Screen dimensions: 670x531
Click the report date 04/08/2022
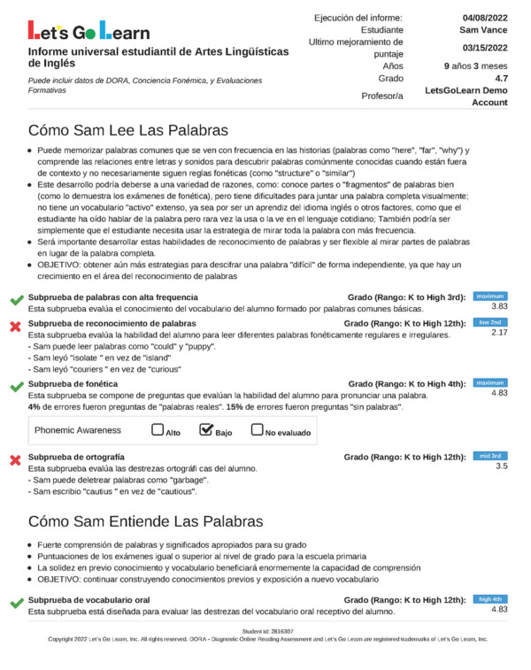coord(486,18)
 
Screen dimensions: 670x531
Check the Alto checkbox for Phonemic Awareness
coord(158,430)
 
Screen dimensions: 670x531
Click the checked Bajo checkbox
coord(207,430)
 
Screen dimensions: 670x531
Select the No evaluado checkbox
coord(258,430)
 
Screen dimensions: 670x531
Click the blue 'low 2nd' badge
coord(490,322)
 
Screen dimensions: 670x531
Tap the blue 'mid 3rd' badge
coord(490,455)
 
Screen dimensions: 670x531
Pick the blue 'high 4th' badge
coord(490,599)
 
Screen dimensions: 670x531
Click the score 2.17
coord(499,333)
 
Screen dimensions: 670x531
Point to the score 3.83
coord(499,306)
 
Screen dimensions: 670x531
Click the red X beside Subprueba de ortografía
coord(15,460)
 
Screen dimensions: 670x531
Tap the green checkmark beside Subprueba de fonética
coord(15,388)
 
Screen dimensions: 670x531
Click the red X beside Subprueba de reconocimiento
coord(15,327)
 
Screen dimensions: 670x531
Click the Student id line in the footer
coord(265,631)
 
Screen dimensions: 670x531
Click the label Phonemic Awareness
coord(78,430)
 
